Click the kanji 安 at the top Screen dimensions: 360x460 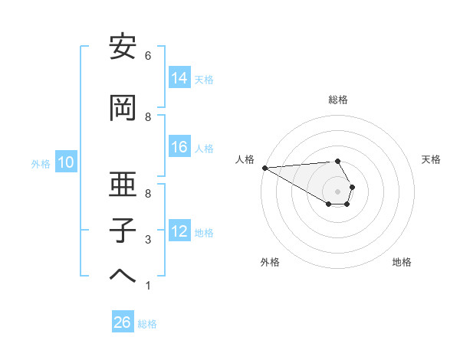[x=123, y=47]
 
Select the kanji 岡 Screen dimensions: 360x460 [x=123, y=108]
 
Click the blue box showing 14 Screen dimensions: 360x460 [x=179, y=78]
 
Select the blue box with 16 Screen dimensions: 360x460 [x=179, y=148]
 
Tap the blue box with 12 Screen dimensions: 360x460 [x=179, y=231]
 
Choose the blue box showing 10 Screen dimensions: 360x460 [x=65, y=162]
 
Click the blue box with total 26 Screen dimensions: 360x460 [x=123, y=323]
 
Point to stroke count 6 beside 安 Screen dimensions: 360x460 [x=148, y=56]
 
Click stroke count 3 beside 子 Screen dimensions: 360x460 [x=148, y=241]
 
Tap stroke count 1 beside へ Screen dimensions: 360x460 [x=148, y=286]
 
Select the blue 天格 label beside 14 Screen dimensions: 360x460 [x=204, y=79]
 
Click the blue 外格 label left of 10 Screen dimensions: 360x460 [x=41, y=163]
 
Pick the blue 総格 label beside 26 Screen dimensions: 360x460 [x=147, y=324]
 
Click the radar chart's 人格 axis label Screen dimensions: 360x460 [x=245, y=159]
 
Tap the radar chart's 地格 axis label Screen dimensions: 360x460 [x=402, y=262]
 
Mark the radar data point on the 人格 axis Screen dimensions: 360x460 [x=264, y=168]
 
